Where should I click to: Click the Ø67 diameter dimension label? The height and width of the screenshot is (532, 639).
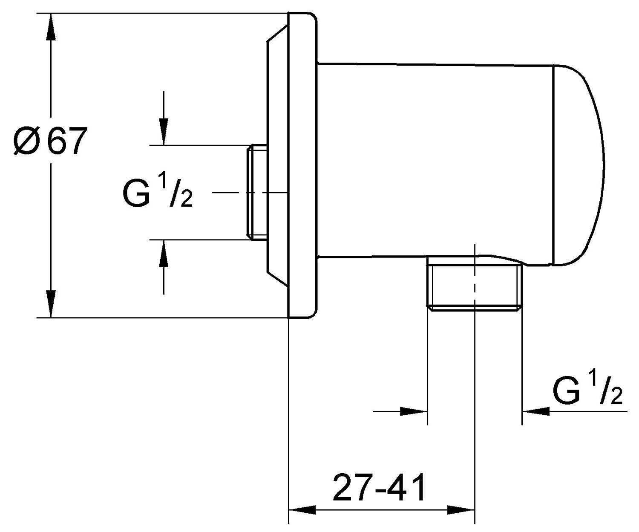coord(48,141)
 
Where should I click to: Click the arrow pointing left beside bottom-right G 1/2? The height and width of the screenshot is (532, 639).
coord(536,411)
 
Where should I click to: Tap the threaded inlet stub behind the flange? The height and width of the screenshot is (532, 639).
coord(257,191)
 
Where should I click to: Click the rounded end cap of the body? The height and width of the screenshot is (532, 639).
coord(579,164)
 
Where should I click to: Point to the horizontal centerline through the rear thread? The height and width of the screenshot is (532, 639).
coord(230,193)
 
